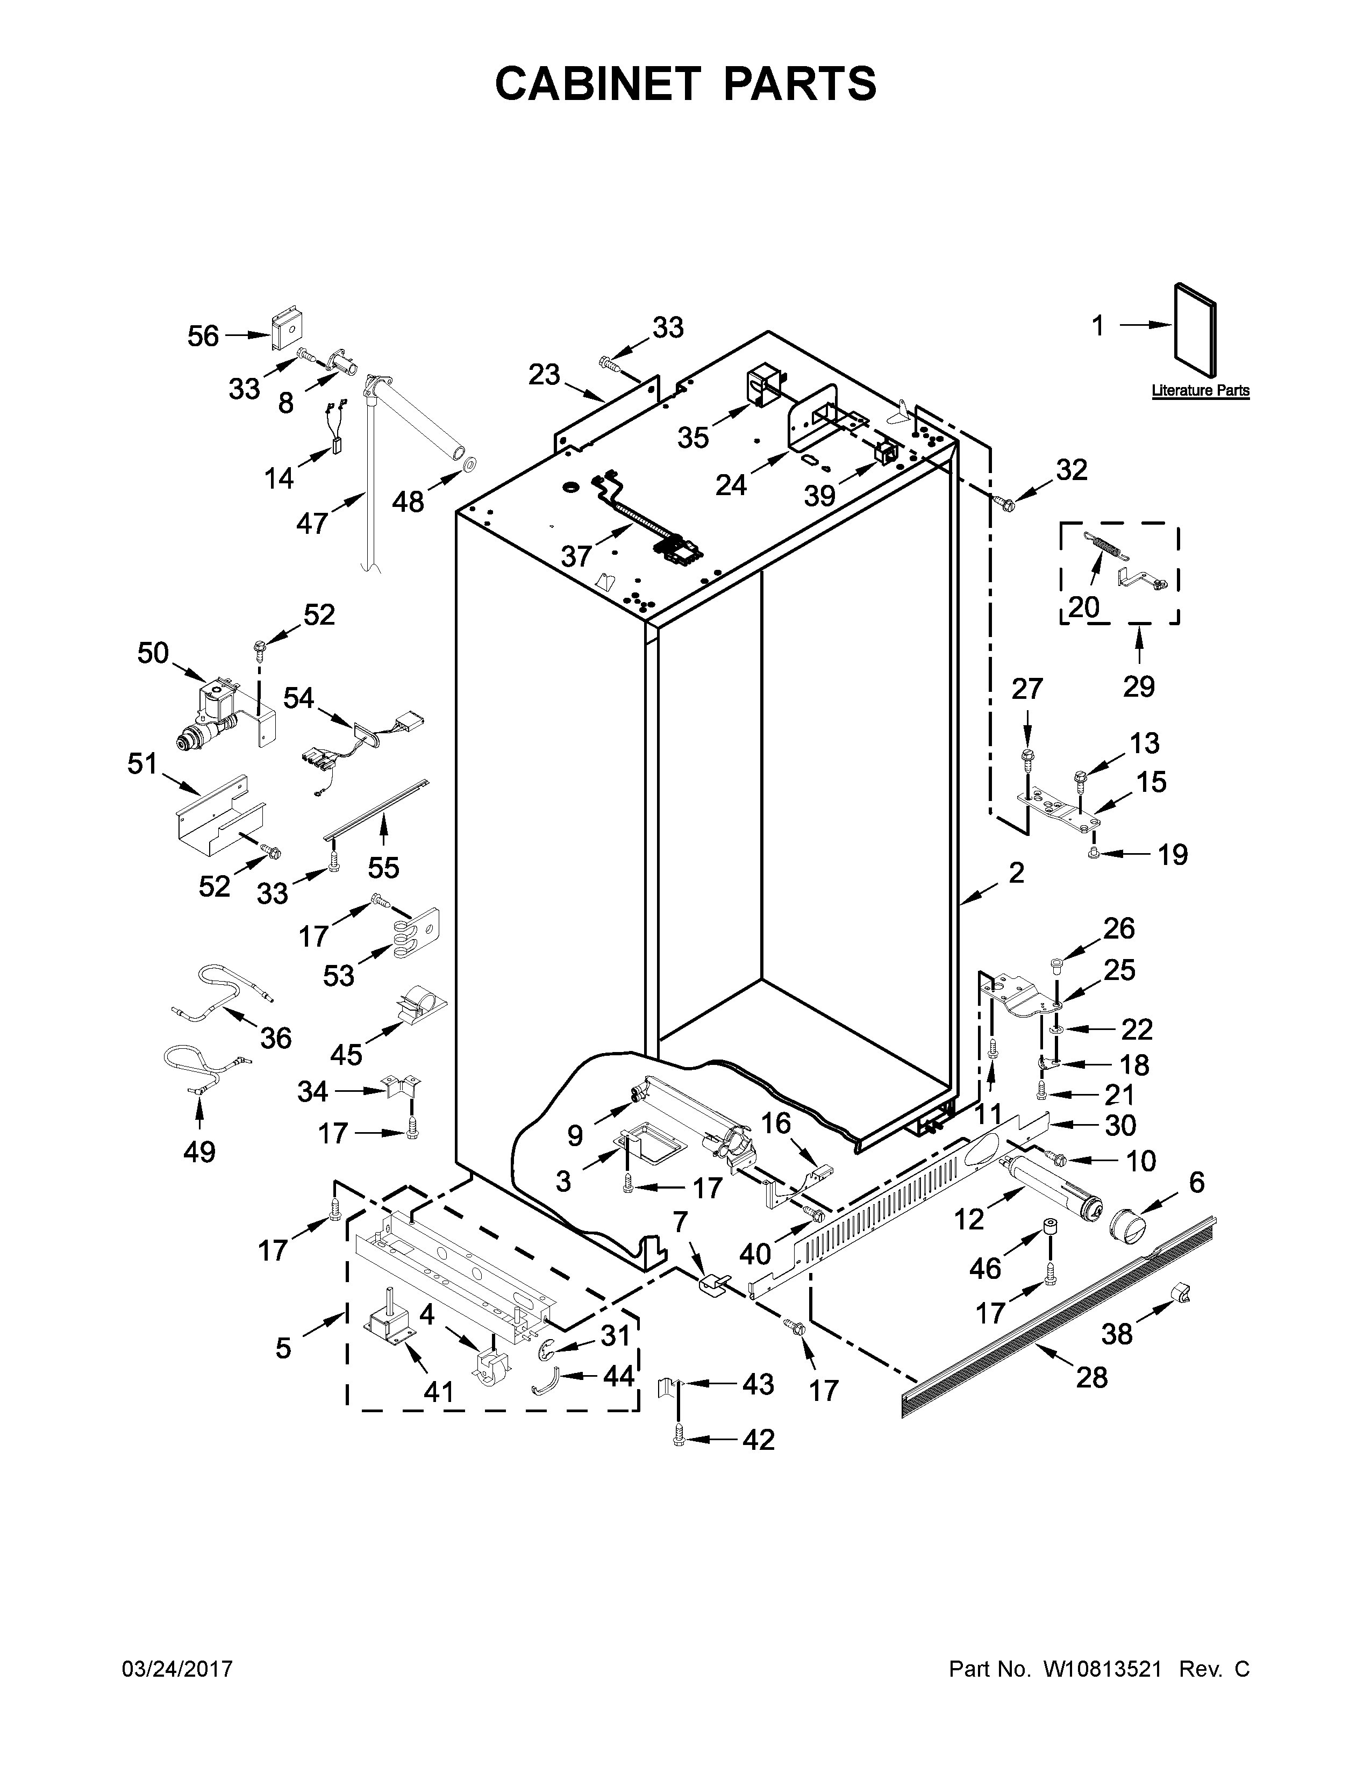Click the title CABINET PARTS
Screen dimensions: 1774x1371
[x=685, y=84]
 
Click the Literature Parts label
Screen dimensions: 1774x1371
[x=1199, y=391]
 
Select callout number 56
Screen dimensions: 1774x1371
[x=203, y=335]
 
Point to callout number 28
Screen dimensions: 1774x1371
[x=1091, y=1378]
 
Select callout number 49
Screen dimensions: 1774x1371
[x=199, y=1151]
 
